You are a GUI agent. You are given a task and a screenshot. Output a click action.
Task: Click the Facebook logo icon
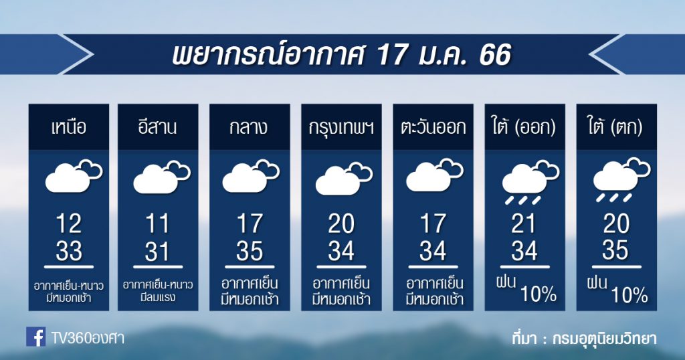(36, 337)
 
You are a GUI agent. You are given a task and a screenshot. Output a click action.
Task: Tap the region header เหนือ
(69, 128)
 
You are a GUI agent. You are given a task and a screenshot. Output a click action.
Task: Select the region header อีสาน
(158, 126)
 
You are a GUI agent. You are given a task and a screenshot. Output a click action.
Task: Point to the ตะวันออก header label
(433, 128)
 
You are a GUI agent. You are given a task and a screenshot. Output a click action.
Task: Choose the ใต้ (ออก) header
(524, 128)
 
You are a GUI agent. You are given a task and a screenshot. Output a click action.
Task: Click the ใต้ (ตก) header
(616, 128)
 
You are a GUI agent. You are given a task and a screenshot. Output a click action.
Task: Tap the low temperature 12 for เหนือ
(69, 223)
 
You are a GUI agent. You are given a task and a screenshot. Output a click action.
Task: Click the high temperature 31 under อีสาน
(157, 252)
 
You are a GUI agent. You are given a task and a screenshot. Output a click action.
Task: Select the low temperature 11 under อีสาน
(157, 223)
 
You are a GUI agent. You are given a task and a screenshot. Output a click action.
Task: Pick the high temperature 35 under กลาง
(250, 252)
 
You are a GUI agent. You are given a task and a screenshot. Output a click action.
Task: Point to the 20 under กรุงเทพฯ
(341, 223)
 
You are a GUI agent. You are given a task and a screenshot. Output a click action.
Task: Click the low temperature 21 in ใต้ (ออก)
(523, 223)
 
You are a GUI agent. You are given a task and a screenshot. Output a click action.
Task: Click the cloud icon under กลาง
(251, 176)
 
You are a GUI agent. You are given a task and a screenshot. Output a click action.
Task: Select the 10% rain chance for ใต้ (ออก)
(539, 294)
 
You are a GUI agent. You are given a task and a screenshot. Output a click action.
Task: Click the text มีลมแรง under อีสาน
(158, 298)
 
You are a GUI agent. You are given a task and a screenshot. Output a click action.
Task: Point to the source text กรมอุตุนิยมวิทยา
(604, 339)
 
